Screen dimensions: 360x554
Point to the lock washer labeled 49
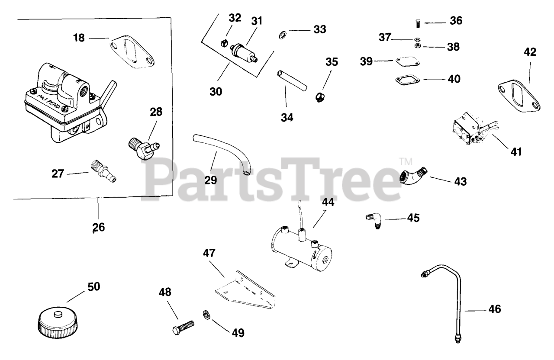pos(206,314)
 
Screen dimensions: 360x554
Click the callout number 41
pos(515,152)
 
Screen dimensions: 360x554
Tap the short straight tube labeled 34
pos(292,81)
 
